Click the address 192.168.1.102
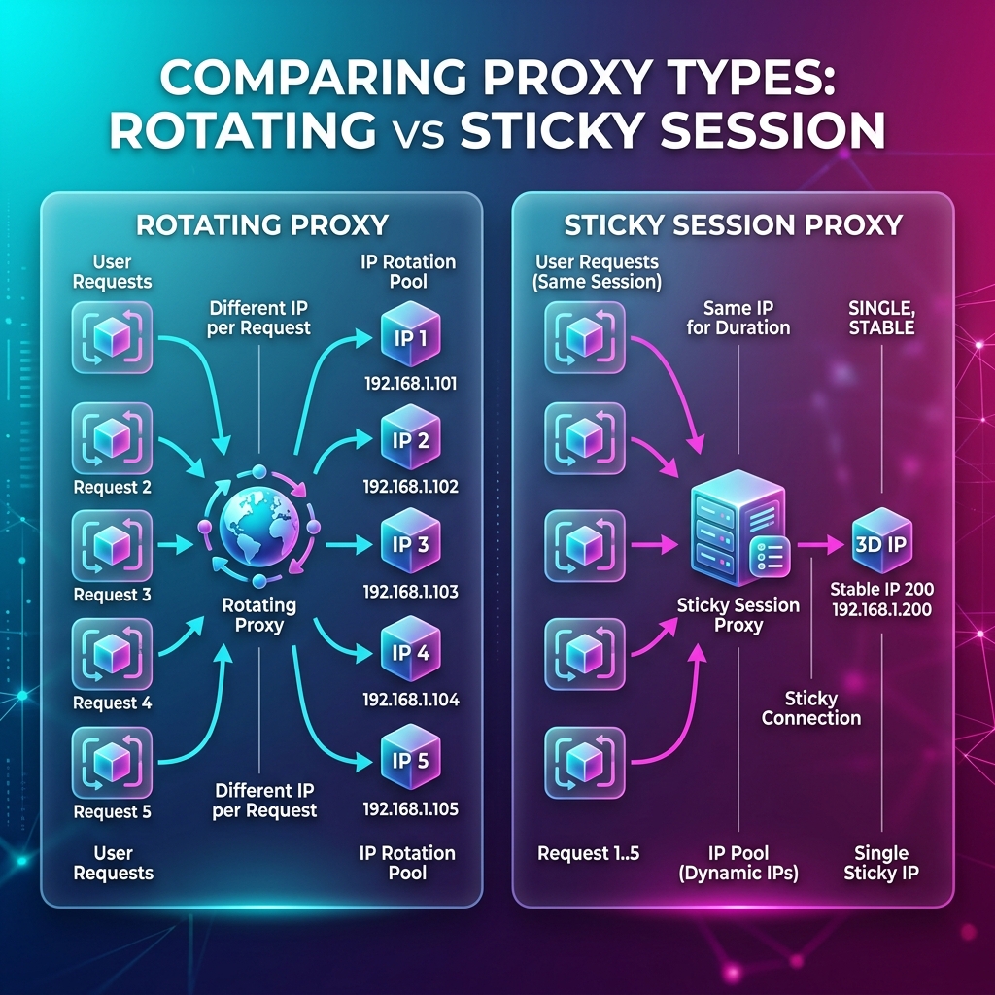coord(411,487)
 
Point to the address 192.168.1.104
coord(411,700)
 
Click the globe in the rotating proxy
coord(258,526)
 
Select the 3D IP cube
coord(881,541)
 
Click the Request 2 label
coord(113,488)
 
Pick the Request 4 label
coord(113,703)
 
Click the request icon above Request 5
coord(113,762)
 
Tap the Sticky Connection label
coord(811,708)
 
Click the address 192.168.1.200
coord(882,610)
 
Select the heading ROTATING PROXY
coord(262,224)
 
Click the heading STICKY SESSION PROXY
coord(733,224)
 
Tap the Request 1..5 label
coord(588,853)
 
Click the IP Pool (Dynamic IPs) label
coord(738,863)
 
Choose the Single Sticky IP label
coord(881,863)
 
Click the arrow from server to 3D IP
coord(821,544)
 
